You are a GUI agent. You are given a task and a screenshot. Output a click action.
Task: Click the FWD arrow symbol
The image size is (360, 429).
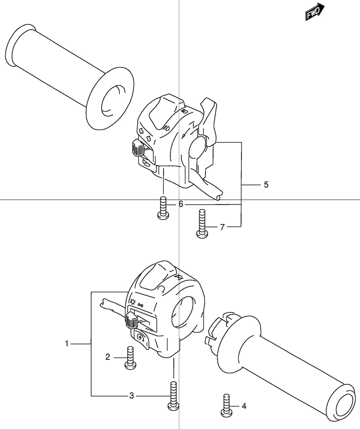pyautogui.click(x=315, y=12)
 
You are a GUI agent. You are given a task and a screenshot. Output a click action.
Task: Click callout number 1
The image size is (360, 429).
pyautogui.click(x=67, y=344)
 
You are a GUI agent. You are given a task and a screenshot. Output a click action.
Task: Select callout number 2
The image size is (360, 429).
pyautogui.click(x=108, y=357)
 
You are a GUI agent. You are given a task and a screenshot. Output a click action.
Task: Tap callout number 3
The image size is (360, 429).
pyautogui.click(x=132, y=396)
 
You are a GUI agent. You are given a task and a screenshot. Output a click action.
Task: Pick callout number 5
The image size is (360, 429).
pyautogui.click(x=266, y=185)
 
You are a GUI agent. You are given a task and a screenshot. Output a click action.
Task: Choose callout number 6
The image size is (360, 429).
pyautogui.click(x=181, y=204)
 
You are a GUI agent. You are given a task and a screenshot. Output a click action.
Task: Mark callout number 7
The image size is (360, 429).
pyautogui.click(x=222, y=227)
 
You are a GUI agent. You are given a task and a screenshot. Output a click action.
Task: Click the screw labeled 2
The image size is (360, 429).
pyautogui.click(x=129, y=358)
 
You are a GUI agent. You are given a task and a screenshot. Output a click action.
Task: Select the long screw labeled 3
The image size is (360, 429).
pyautogui.click(x=173, y=394)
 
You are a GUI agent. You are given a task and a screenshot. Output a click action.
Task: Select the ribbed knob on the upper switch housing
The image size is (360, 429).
pyautogui.click(x=137, y=148)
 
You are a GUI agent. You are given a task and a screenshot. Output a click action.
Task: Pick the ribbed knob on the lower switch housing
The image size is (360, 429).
pyautogui.click(x=131, y=320)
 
